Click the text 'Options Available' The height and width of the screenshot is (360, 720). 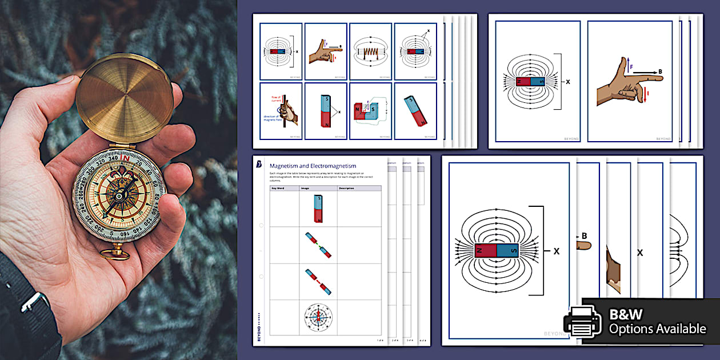[657, 329]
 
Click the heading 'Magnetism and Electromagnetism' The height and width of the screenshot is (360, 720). [313, 166]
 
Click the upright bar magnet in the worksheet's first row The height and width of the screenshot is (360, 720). [318, 209]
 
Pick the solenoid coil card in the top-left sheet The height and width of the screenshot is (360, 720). [370, 51]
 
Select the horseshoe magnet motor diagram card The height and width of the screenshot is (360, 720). [370, 111]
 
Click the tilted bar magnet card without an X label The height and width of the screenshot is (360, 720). [415, 111]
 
